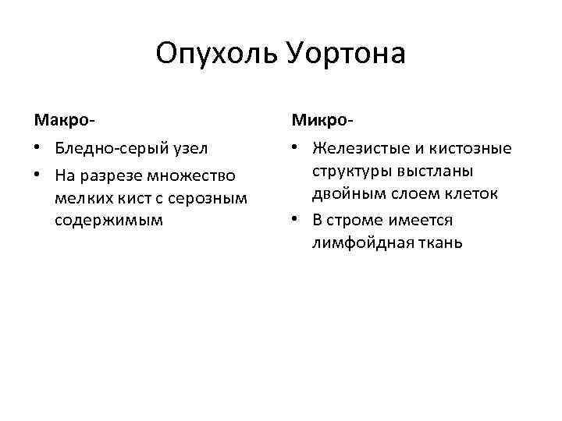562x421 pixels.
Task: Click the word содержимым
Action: pyautogui.click(x=109, y=220)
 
